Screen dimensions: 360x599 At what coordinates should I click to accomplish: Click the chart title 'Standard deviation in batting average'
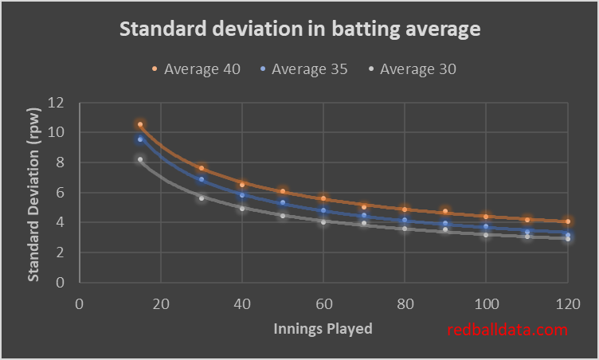pos(299,30)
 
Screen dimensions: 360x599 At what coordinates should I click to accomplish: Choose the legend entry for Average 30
pos(412,69)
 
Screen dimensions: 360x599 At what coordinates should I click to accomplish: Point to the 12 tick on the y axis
pos(56,103)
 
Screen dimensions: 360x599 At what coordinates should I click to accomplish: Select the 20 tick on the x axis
pos(160,304)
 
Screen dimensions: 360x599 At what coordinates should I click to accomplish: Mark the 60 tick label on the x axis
pos(323,304)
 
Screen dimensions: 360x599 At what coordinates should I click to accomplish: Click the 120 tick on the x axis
pos(567,304)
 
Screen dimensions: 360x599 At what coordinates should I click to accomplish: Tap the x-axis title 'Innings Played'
pos(323,328)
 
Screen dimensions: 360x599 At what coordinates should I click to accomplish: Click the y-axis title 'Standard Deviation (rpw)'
pos(34,192)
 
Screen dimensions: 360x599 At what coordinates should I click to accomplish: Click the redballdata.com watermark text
pos(507,330)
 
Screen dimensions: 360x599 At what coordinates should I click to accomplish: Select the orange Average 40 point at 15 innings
pos(140,124)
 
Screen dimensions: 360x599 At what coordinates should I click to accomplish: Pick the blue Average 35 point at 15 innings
pos(140,139)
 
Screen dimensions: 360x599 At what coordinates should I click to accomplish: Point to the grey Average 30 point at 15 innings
pos(140,159)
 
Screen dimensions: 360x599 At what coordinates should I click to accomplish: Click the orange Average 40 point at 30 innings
pos(202,168)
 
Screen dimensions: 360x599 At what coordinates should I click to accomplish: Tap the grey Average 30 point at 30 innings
pos(202,198)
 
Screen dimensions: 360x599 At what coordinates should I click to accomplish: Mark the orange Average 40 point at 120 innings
pos(567,221)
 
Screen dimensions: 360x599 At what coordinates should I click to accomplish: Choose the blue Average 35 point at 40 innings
pos(242,194)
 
